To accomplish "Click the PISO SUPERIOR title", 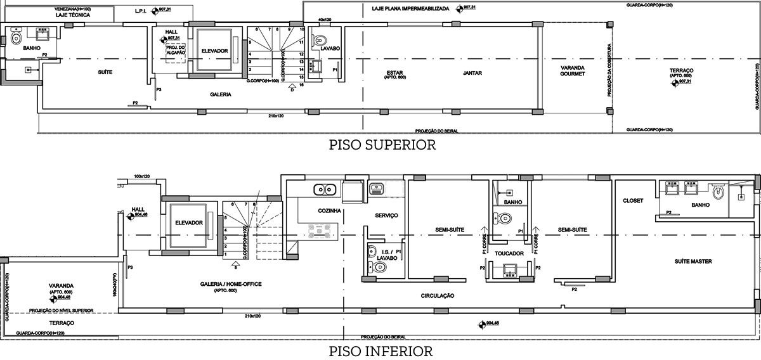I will pos(382,145).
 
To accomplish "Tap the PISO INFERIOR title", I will pos(380,351).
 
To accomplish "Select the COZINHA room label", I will pos(330,210).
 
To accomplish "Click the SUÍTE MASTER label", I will pos(693,261).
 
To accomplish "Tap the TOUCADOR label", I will pos(509,254).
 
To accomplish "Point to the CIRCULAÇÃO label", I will pos(438,295).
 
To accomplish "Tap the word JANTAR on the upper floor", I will pos(472,73).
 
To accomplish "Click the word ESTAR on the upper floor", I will pos(394,72).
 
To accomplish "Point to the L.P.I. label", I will pos(140,11).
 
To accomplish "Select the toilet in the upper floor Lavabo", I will pos(320,38).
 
